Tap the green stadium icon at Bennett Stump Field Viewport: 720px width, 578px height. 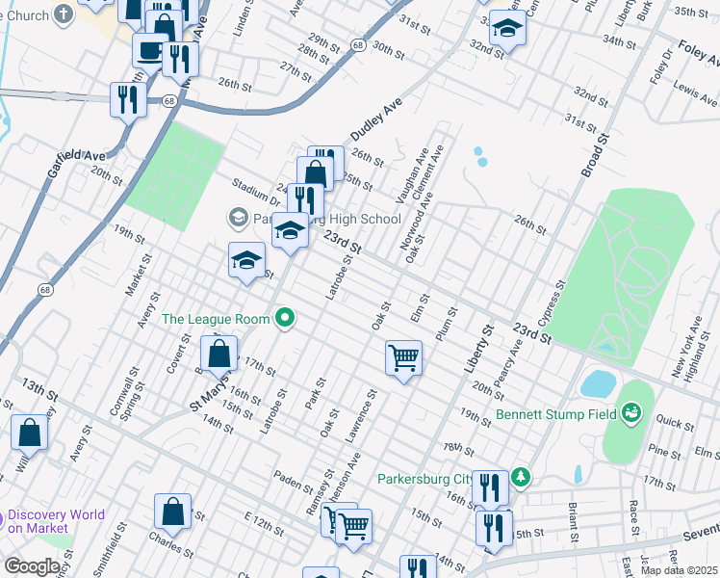[x=631, y=413]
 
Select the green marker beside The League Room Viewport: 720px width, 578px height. [x=284, y=317]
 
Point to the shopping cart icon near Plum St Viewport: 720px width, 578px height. [x=403, y=357]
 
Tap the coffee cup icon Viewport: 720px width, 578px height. [x=149, y=49]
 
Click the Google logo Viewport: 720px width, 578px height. [x=32, y=566]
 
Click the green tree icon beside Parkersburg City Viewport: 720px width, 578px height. [x=521, y=476]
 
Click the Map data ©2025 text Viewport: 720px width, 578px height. [x=678, y=570]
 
